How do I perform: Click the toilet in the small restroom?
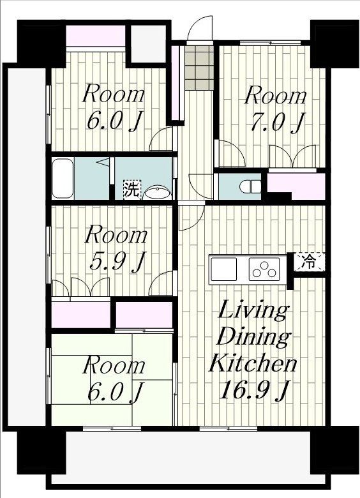(250, 186)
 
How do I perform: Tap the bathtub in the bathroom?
(63, 179)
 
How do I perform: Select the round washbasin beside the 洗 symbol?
(157, 192)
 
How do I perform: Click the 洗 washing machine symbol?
(131, 190)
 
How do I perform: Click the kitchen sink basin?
(224, 269)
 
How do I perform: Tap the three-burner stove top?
(264, 269)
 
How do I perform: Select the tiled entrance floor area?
(199, 68)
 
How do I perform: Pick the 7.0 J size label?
(278, 123)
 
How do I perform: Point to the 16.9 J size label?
(253, 390)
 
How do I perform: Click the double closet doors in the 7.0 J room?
(292, 156)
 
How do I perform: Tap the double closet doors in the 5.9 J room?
(80, 287)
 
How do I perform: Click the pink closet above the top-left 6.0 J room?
(95, 36)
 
